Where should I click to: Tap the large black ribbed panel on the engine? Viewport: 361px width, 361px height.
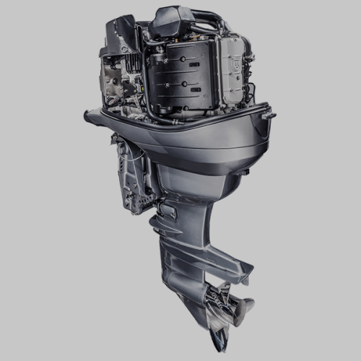(180, 76)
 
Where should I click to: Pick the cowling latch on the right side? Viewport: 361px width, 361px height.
(268, 114)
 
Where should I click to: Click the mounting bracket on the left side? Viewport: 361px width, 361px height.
(134, 173)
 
